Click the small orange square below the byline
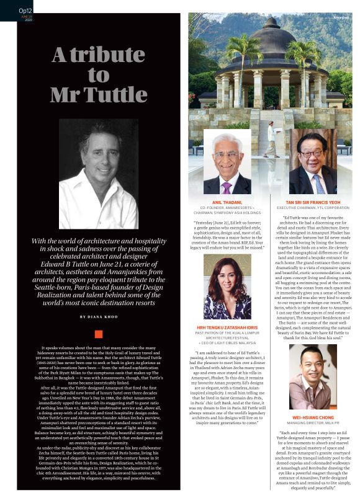click(98, 334)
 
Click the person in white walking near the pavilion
click(269, 139)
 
